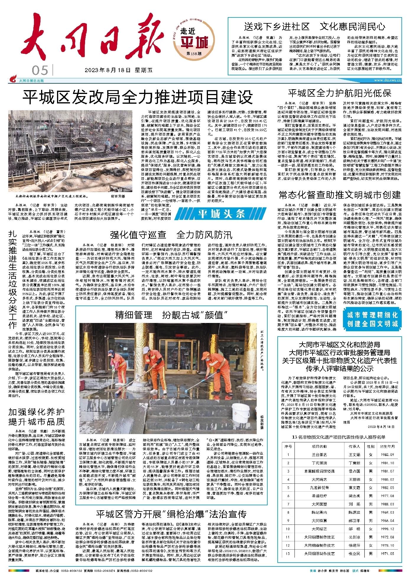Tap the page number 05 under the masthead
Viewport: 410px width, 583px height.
click(40, 71)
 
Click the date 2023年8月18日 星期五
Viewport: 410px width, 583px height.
click(118, 70)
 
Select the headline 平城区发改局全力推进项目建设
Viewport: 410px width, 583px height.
click(138, 97)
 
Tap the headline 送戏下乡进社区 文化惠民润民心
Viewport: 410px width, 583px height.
click(315, 27)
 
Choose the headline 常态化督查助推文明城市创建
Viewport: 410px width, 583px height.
click(340, 195)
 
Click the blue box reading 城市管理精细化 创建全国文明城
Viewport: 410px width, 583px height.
click(372, 319)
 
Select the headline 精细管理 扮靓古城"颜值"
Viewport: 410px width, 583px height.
click(172, 315)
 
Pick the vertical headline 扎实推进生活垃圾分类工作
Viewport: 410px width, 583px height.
click(13, 280)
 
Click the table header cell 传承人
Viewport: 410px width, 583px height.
click(354, 446)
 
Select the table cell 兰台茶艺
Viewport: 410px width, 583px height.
click(319, 454)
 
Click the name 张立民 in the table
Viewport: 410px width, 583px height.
click(354, 553)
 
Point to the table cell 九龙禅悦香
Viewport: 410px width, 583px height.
click(319, 488)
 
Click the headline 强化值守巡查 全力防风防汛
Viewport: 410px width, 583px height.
click(171, 235)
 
